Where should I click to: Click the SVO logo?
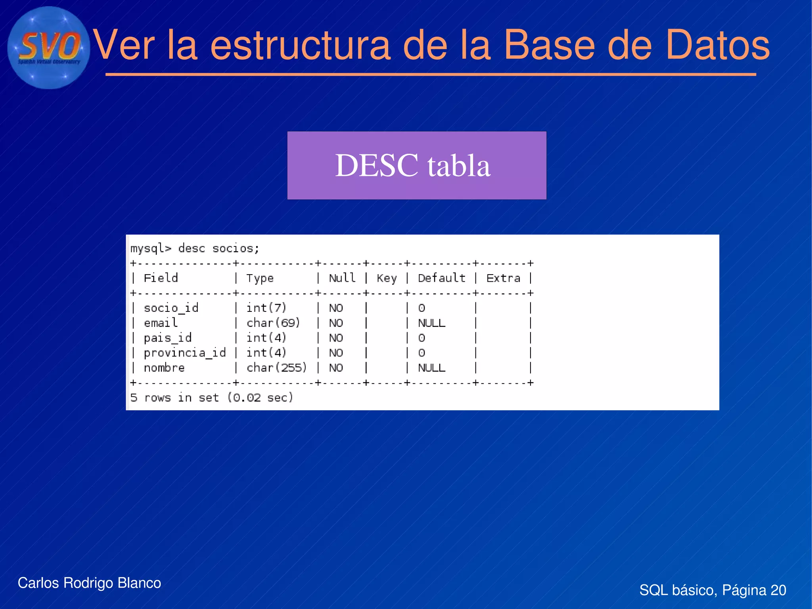[x=48, y=48]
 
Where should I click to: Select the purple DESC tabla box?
[x=416, y=165]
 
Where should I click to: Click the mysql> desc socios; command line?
[x=195, y=249]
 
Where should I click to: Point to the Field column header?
[x=161, y=278]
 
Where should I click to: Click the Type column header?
[x=260, y=278]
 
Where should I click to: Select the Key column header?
[x=386, y=278]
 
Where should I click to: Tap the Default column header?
[x=441, y=278]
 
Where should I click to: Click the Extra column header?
[x=503, y=278]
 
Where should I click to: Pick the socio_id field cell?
[x=171, y=308]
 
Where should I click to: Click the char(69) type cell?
[x=273, y=323]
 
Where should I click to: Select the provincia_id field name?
[x=184, y=353]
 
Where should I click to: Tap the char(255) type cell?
[x=276, y=368]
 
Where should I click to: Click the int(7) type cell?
[x=266, y=308]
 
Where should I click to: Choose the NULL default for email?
[x=431, y=323]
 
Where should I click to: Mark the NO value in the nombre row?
[x=336, y=368]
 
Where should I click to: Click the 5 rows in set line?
[x=212, y=398]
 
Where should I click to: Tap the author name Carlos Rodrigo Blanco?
[x=89, y=583]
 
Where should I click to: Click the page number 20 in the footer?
[x=778, y=590]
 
